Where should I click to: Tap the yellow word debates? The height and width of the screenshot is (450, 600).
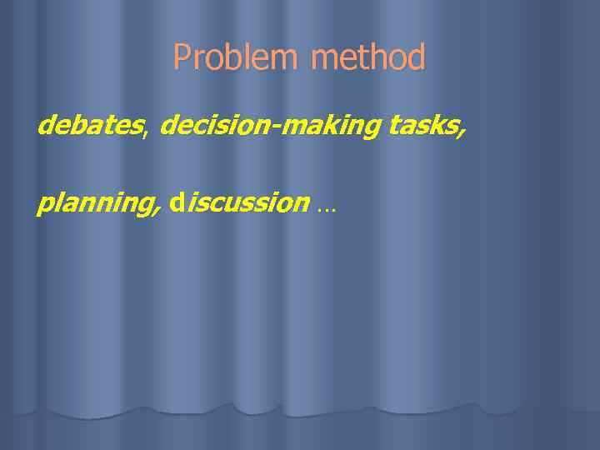(x=90, y=126)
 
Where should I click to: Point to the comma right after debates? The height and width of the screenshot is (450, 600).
(x=147, y=132)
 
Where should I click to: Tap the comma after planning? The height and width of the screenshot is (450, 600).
(x=157, y=210)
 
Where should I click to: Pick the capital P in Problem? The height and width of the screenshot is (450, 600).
(x=181, y=58)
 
